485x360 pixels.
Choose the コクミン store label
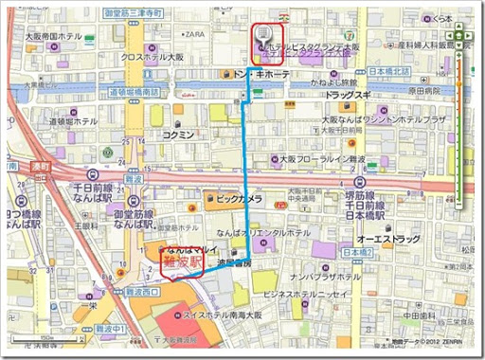pyautogui.click(x=178, y=135)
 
